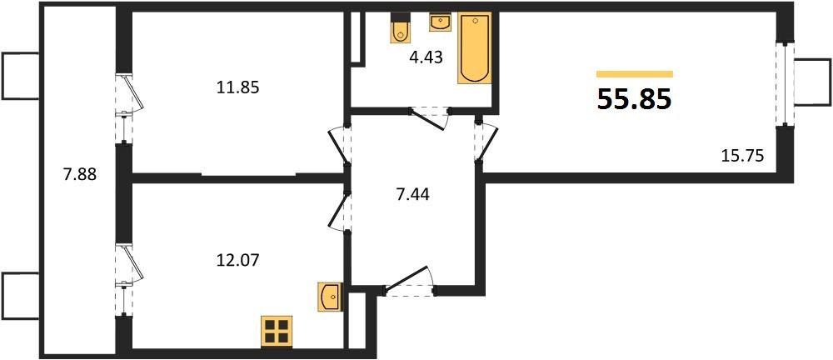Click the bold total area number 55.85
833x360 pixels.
tap(635, 99)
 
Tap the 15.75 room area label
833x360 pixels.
tap(742, 156)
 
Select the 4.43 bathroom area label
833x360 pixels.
tap(426, 57)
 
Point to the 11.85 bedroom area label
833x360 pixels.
tap(237, 87)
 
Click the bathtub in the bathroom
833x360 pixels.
tap(475, 47)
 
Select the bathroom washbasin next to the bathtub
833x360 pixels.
tap(439, 22)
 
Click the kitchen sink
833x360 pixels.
tap(329, 297)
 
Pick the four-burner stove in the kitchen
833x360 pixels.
tap(277, 332)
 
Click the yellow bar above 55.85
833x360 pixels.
tap(635, 74)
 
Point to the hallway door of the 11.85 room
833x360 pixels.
tap(340, 147)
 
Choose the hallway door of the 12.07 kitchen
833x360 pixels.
tap(340, 211)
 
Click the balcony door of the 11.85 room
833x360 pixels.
tap(129, 108)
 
